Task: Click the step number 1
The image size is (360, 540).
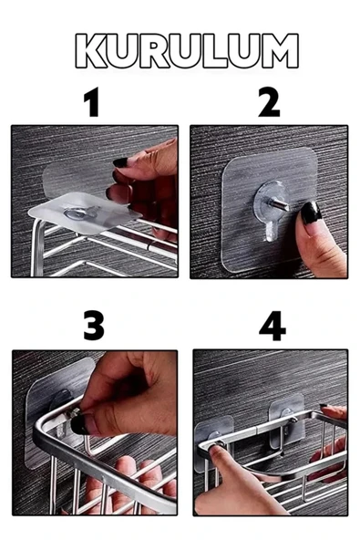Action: click(93, 101)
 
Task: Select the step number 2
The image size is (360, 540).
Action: click(269, 101)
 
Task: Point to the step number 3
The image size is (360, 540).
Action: click(94, 326)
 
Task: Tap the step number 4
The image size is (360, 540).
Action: click(273, 326)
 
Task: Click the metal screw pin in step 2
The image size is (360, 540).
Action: click(279, 204)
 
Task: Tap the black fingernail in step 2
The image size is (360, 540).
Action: click(311, 213)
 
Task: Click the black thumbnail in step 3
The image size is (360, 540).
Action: click(80, 423)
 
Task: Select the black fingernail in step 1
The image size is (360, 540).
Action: click(120, 162)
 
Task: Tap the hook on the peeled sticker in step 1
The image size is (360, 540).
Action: click(81, 213)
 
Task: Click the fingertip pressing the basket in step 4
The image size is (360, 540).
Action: click(216, 452)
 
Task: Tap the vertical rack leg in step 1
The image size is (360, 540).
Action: click(37, 248)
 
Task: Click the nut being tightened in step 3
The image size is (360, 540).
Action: click(77, 411)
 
